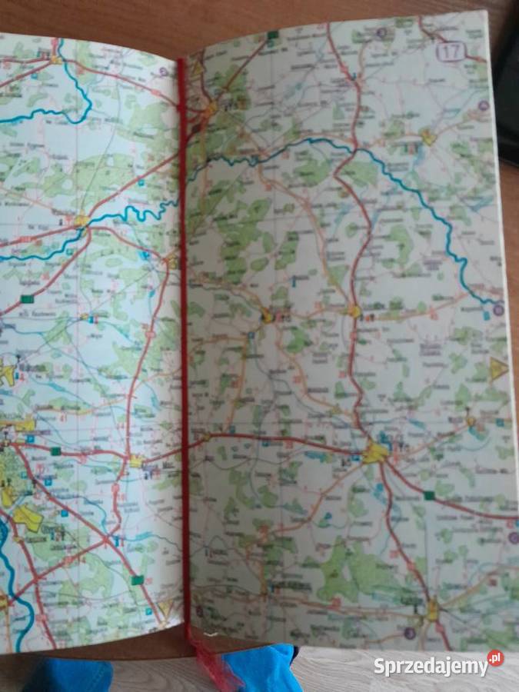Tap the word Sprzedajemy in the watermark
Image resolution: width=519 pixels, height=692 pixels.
tap(430, 667)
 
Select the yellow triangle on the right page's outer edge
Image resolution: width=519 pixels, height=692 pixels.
tap(498, 368)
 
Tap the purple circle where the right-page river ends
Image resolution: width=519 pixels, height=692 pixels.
tap(497, 310)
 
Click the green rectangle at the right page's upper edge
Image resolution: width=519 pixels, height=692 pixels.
tap(272, 35)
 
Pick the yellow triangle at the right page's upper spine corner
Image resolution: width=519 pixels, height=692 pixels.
tap(198, 68)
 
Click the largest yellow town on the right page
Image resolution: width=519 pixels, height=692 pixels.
tap(375, 452)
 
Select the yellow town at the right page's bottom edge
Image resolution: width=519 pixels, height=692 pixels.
tap(432, 613)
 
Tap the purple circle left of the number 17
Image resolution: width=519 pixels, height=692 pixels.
tap(383, 33)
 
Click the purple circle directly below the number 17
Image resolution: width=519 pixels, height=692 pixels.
tap(483, 105)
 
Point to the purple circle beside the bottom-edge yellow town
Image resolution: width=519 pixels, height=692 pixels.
tap(410, 634)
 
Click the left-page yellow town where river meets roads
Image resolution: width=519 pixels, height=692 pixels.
tap(81, 221)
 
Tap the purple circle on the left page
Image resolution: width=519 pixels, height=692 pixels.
tap(163, 72)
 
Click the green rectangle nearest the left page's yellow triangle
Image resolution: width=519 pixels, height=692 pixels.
tap(138, 580)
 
